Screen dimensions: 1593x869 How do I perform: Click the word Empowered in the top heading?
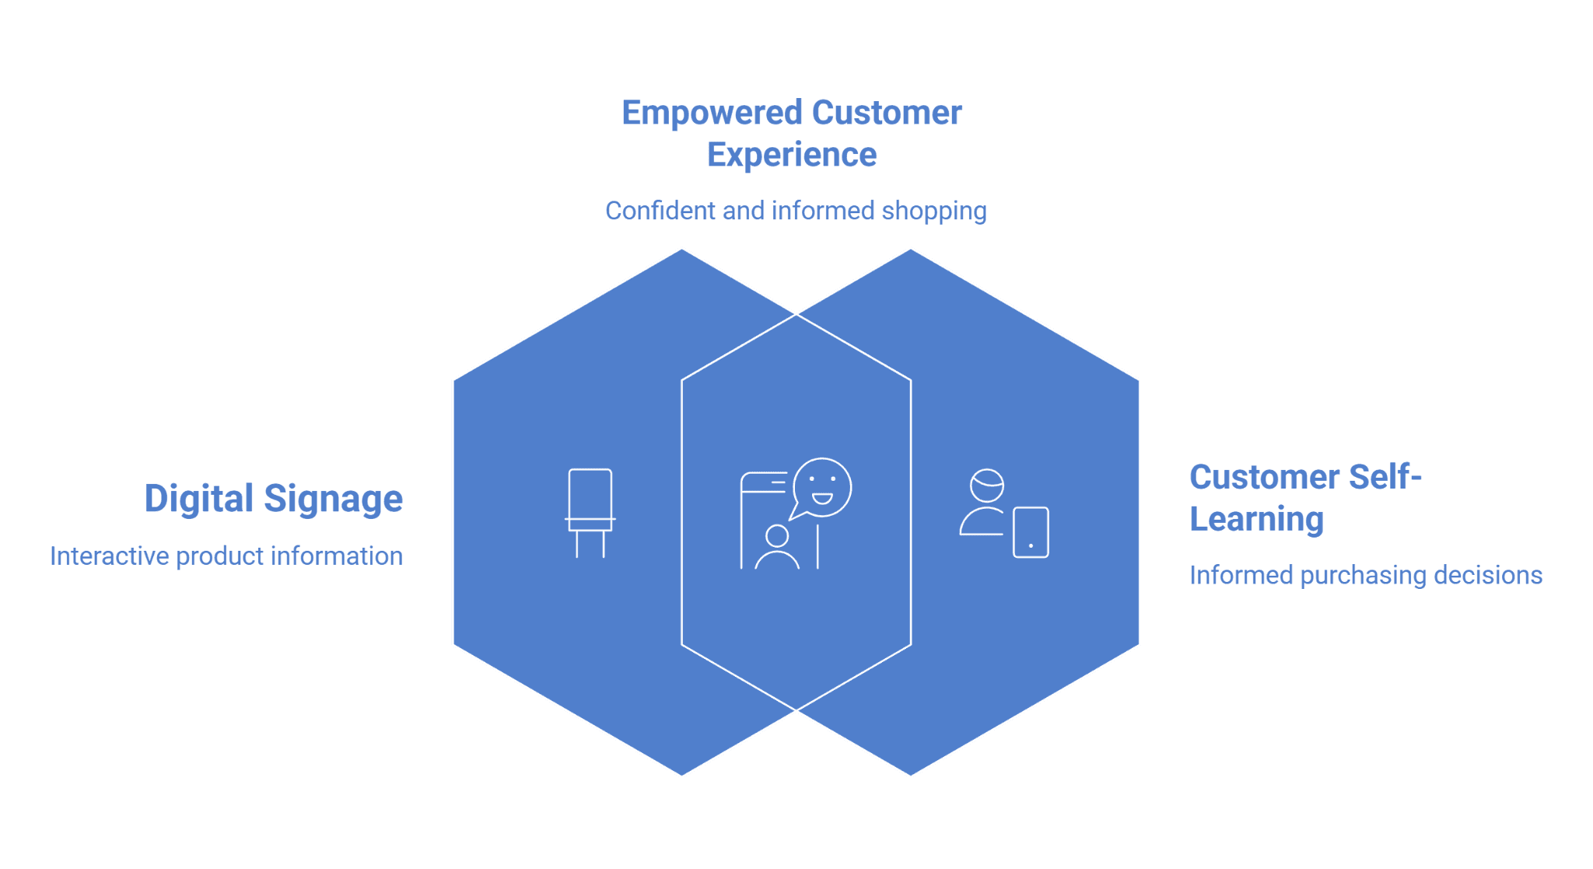(x=712, y=114)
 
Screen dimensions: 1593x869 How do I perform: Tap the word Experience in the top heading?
(x=792, y=155)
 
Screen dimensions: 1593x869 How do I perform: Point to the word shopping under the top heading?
(x=933, y=212)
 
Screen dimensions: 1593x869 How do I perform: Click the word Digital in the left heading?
(x=199, y=499)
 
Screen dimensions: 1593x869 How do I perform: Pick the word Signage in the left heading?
(x=333, y=499)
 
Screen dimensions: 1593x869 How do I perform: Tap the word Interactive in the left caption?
(x=110, y=556)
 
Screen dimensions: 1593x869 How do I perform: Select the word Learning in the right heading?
(x=1256, y=520)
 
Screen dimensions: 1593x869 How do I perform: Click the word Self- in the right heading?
(x=1385, y=477)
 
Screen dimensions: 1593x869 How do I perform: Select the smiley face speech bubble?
(x=821, y=488)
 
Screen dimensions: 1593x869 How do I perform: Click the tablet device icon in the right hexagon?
(x=1031, y=532)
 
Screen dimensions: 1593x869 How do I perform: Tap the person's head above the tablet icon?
(x=987, y=485)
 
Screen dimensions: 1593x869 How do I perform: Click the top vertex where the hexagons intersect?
(x=796, y=314)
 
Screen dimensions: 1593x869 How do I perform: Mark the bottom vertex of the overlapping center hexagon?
(x=796, y=710)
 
